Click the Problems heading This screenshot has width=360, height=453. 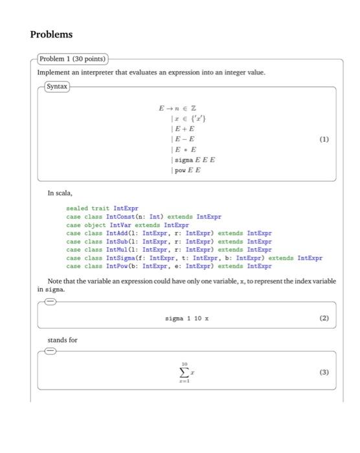51,34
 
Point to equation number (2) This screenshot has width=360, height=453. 324,317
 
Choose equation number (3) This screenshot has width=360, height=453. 324,373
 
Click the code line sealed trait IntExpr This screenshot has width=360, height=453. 102,208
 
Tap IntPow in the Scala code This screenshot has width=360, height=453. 117,266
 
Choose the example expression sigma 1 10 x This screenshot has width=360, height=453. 187,318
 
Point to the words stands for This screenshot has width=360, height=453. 62,340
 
